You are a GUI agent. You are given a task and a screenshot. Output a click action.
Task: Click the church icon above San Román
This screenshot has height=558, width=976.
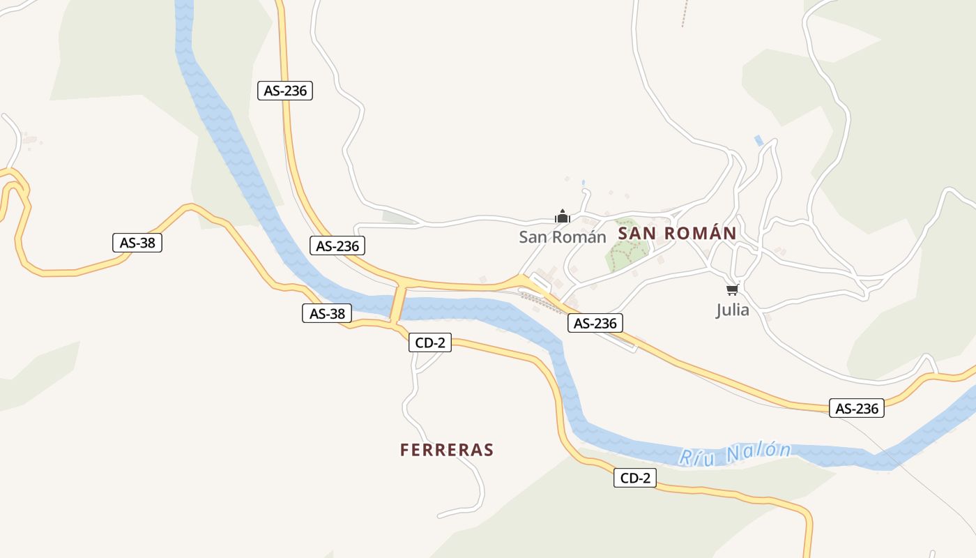point(563,216)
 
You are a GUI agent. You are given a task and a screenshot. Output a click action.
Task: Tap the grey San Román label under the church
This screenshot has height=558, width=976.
point(563,237)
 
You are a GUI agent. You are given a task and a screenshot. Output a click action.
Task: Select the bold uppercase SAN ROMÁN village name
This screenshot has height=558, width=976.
point(677,234)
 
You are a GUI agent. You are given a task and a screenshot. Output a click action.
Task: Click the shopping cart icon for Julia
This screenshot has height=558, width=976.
point(732,289)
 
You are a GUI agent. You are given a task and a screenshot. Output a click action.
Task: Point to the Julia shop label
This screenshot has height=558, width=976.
point(733,310)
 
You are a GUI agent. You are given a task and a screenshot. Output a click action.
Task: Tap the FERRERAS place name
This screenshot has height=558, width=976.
point(447,450)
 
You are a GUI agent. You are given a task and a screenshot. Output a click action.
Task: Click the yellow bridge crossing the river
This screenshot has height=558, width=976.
point(398,304)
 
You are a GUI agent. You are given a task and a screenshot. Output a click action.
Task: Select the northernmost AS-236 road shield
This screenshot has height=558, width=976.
point(285,91)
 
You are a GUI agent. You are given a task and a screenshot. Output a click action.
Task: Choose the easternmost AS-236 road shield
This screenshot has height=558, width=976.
point(857,408)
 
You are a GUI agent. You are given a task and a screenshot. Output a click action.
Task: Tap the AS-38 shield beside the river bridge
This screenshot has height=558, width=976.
point(327,313)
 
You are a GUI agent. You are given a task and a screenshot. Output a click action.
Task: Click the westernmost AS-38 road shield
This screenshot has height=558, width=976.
point(137,243)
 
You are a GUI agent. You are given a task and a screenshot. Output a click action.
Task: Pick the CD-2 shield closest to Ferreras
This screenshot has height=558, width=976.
point(430,342)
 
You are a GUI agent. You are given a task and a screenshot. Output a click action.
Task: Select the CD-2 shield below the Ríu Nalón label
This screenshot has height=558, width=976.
point(635,478)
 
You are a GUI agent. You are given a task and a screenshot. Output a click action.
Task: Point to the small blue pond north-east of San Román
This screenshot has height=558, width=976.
point(759,141)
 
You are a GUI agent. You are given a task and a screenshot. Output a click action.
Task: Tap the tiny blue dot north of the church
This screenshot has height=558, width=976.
point(583,183)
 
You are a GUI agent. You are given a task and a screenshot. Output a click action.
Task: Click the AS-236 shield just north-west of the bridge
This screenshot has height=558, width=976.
point(337,246)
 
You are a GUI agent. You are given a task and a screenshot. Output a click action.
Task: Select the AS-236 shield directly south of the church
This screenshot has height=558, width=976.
point(595,323)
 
